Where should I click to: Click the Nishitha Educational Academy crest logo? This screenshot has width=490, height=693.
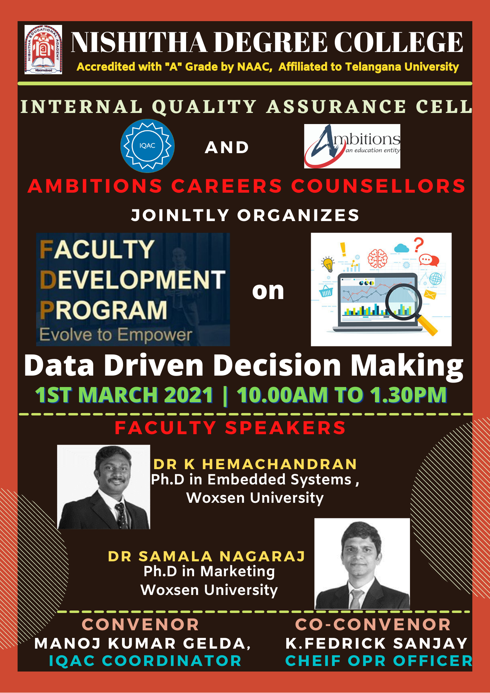tap(43, 50)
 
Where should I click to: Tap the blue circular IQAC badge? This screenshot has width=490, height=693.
tap(147, 146)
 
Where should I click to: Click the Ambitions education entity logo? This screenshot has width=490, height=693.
tap(352, 146)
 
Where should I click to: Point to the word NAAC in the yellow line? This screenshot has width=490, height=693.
tap(254, 67)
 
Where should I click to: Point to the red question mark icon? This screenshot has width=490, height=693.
tap(419, 245)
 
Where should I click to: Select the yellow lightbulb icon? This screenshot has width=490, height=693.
tap(328, 264)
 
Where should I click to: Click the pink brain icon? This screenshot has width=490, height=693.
tap(377, 258)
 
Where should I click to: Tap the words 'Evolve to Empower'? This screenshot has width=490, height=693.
tap(116, 335)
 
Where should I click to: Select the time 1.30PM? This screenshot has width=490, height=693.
tap(408, 395)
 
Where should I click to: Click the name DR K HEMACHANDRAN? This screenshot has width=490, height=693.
tap(255, 464)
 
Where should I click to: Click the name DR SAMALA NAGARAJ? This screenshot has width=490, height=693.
tap(207, 556)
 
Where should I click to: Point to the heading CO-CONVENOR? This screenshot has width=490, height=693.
tap(373, 624)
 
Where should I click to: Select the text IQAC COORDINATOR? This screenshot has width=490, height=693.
tap(145, 661)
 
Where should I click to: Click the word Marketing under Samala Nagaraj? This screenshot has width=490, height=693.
tap(238, 572)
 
